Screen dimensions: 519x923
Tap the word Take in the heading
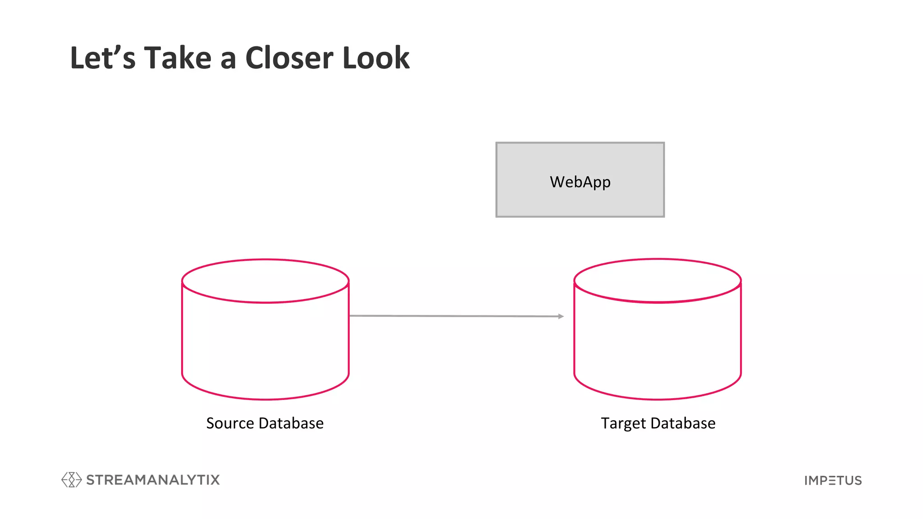point(178,59)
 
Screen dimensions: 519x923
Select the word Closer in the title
point(289,59)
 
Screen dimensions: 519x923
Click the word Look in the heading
point(376,59)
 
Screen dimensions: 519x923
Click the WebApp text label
point(580,182)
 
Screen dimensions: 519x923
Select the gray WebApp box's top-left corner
point(497,143)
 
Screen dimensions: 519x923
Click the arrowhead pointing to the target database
point(561,316)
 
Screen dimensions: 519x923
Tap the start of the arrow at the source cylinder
point(351,316)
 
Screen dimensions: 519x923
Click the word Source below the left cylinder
point(230,423)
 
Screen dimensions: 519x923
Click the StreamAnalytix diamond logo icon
point(71,480)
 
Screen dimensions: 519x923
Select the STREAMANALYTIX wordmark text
point(153,480)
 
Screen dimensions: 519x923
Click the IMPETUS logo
point(833,481)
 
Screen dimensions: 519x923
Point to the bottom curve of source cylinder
point(265,399)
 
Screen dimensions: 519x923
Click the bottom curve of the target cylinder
point(657,399)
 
